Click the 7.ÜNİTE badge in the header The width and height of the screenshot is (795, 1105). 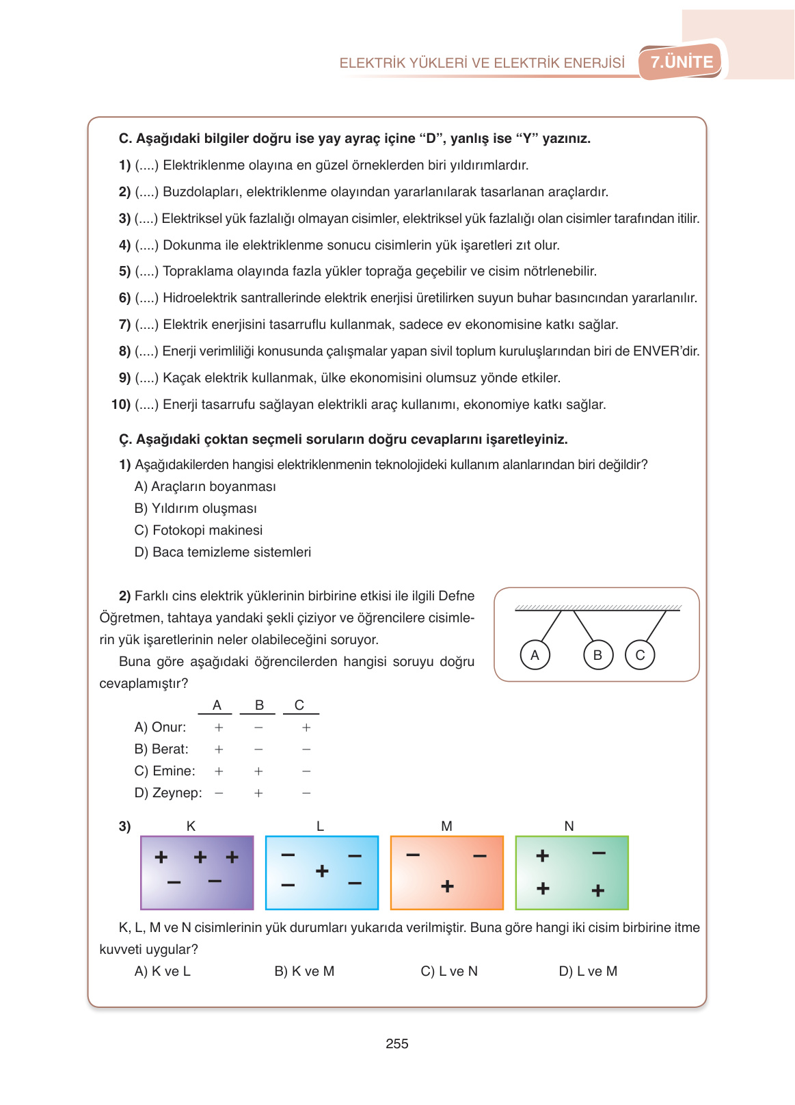pos(681,62)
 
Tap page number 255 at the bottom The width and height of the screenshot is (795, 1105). pos(396,1043)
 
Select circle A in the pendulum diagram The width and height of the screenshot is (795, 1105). pos(535,655)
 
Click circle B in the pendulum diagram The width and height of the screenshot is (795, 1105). pos(597,655)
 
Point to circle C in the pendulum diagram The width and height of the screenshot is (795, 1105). pos(640,655)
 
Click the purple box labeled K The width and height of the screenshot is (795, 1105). pos(197,873)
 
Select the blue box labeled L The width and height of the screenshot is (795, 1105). pos(322,873)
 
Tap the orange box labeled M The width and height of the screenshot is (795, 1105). pos(447,873)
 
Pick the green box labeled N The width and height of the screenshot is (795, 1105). pos(571,873)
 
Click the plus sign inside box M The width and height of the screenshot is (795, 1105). pos(447,886)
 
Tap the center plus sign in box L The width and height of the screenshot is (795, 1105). pos(322,871)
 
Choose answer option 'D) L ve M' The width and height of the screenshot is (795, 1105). pos(588,971)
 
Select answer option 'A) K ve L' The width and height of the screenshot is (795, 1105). pos(162,971)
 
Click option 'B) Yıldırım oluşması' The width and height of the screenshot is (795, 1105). pos(196,508)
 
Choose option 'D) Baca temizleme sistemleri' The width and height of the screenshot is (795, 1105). pos(223,552)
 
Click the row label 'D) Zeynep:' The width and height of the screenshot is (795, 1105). pos(168,793)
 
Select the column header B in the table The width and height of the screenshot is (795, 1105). pos(259,705)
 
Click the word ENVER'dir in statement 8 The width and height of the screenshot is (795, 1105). pos(666,351)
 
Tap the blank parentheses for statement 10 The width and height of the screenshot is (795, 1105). pos(146,404)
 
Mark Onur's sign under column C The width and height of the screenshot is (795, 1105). pos(306,728)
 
